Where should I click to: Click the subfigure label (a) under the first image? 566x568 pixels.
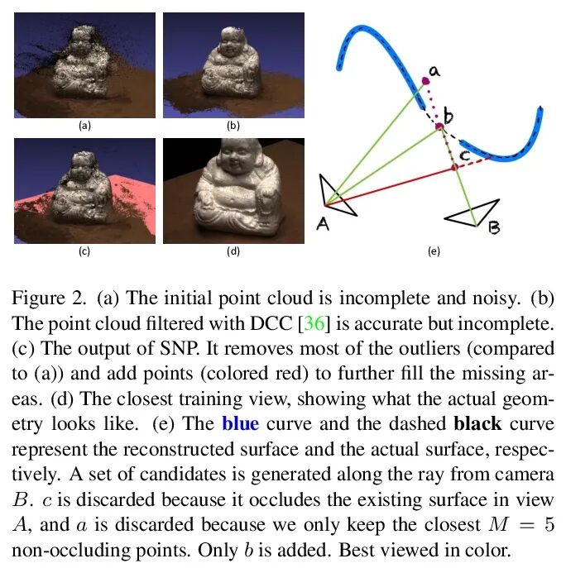pos(84,126)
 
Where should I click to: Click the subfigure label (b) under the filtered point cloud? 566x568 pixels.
pos(233,126)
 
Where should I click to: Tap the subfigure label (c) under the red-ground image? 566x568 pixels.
pos(84,251)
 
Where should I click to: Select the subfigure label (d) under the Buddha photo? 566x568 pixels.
pos(233,251)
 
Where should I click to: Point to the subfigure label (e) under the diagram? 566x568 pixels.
pos(433,251)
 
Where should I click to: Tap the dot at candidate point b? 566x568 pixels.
pos(440,126)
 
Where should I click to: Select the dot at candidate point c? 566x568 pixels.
pos(454,168)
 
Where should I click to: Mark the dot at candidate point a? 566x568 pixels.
pos(425,80)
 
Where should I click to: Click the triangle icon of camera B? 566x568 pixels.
pos(472,212)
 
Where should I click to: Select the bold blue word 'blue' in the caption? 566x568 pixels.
pos(240,426)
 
